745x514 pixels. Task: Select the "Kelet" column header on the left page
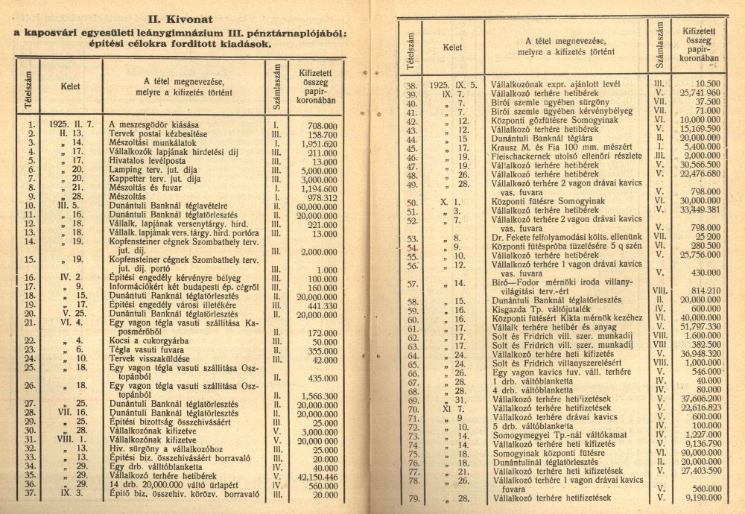pyautogui.click(x=69, y=85)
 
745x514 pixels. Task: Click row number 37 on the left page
pyautogui.click(x=30, y=493)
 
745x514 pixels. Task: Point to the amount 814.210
pyautogui.click(x=701, y=290)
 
